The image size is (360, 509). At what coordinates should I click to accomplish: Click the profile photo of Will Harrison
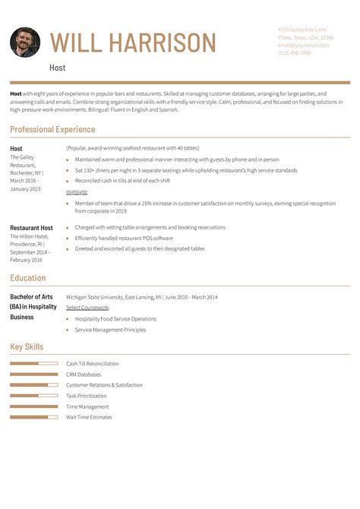point(25,43)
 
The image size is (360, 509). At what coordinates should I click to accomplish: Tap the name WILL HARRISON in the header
point(133,43)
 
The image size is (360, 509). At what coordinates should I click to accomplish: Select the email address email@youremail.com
point(303,45)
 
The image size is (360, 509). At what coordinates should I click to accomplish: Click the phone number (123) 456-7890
point(294,53)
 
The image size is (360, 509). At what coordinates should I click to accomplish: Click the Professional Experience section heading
point(52,130)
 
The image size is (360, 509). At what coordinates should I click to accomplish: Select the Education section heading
point(27,278)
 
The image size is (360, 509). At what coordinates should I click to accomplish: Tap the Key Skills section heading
point(27,347)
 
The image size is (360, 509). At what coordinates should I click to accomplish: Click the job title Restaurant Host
point(31,228)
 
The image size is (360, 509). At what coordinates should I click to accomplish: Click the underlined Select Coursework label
point(87,308)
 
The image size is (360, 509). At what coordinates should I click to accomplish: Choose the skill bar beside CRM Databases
point(34,375)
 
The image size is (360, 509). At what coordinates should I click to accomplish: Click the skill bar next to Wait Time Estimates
point(34,417)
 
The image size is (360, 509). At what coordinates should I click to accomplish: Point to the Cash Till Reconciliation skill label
point(92,364)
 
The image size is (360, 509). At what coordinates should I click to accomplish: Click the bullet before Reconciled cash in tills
point(68,181)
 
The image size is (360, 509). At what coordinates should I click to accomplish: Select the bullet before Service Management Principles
point(68,330)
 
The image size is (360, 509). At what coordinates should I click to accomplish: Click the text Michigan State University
point(99,297)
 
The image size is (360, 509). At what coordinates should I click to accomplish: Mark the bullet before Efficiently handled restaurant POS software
point(68,238)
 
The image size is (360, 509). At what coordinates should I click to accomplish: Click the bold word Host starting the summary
point(16,93)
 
